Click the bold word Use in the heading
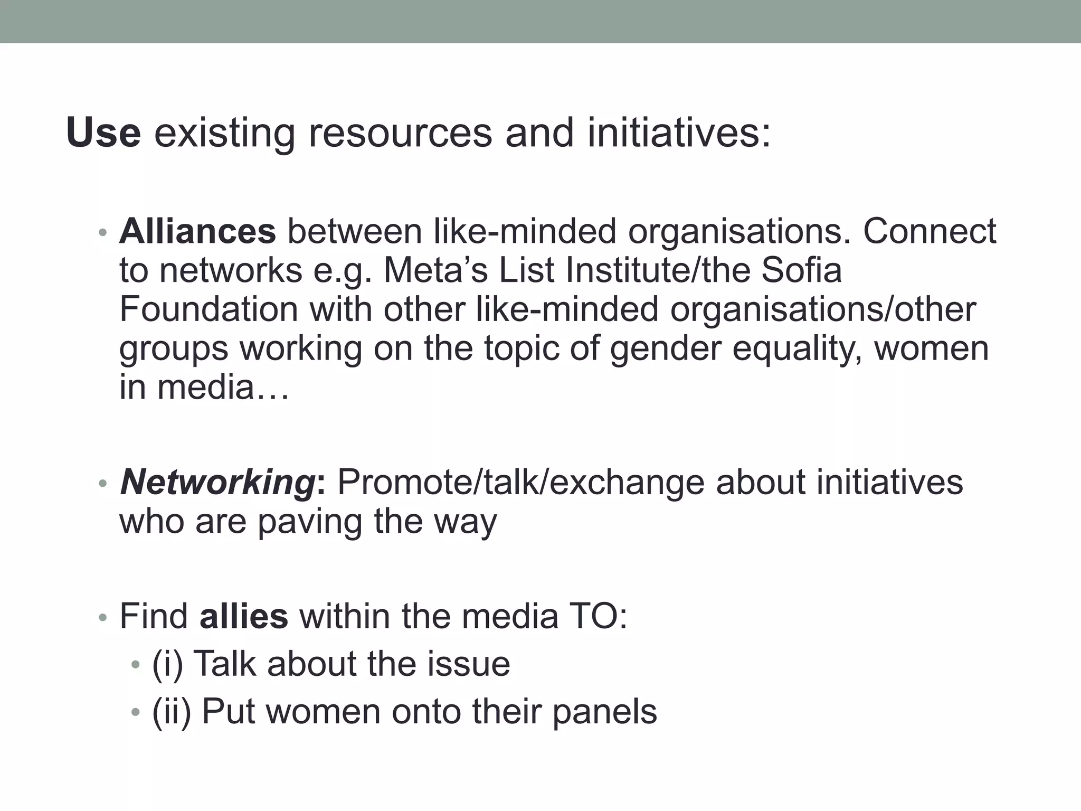tap(103, 133)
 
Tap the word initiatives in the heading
tap(678, 133)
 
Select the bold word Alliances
tap(197, 231)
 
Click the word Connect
tap(929, 231)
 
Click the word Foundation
tap(208, 309)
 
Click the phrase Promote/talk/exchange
tap(520, 483)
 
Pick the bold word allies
tap(244, 616)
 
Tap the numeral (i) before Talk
tap(167, 664)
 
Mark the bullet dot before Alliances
tap(103, 233)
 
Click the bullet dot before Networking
tap(103, 484)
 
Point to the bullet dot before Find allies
tap(103, 617)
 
